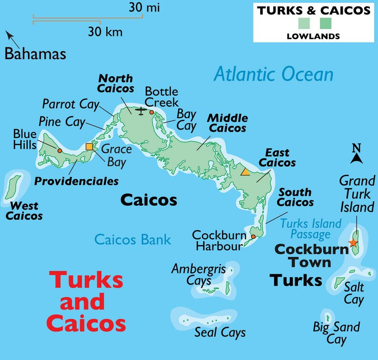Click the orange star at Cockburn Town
click(353, 242)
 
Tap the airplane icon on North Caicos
click(141, 111)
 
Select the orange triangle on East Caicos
click(245, 171)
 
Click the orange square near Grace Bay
click(89, 147)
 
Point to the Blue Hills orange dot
click(60, 150)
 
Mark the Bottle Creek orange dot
click(152, 112)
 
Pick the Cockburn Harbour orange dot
click(253, 236)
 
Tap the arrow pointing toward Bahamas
click(9, 35)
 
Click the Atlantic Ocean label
click(273, 74)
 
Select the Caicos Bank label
click(133, 239)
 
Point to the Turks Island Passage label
click(311, 229)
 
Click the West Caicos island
click(13, 187)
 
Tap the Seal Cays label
click(220, 332)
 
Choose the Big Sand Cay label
click(336, 333)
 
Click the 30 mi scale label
click(143, 7)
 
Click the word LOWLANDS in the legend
click(313, 36)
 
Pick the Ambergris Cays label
click(198, 274)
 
